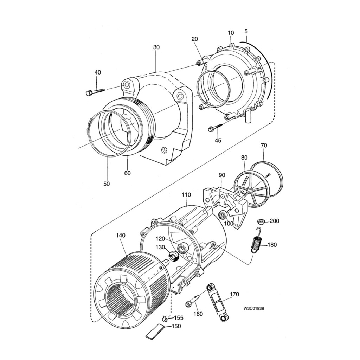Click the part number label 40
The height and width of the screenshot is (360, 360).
pos(98,72)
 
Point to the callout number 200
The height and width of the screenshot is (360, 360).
pos(274,221)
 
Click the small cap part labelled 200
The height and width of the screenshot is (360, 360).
pos(261,221)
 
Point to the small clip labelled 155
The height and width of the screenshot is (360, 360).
pos(165,319)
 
